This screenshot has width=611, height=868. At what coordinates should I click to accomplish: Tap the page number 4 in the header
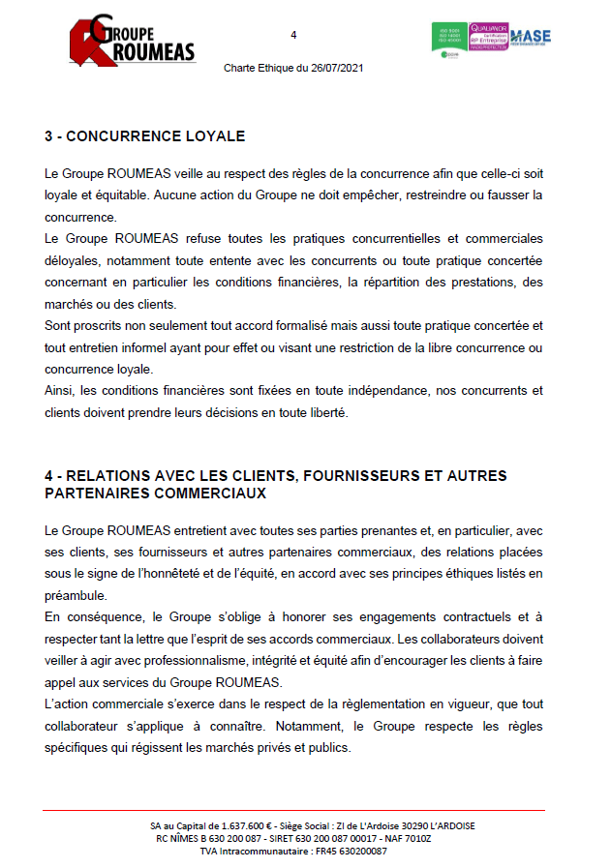pyautogui.click(x=293, y=36)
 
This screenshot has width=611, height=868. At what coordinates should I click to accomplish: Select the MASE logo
pyautogui.click(x=531, y=38)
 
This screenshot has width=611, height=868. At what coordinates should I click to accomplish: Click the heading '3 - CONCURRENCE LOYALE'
pyautogui.click(x=144, y=136)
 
